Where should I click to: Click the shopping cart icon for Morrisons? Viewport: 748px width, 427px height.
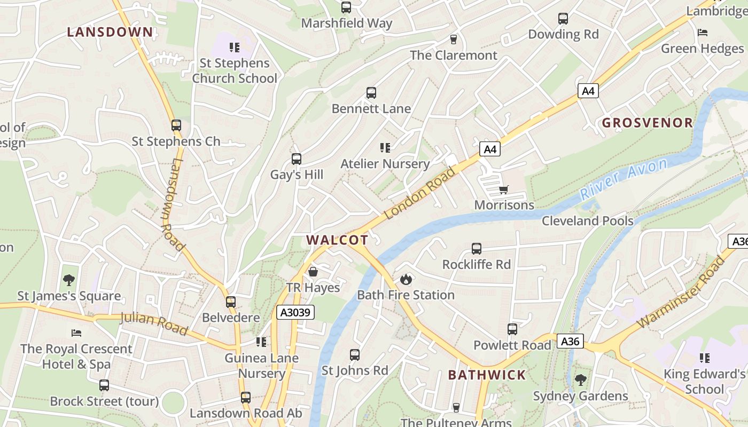503,189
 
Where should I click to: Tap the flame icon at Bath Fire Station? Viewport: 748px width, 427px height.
406,279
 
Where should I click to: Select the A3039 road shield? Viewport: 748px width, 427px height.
295,312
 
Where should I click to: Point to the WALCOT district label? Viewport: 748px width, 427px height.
338,240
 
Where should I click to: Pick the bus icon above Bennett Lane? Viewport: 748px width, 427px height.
371,93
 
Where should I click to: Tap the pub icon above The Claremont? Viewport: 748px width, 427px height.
454,39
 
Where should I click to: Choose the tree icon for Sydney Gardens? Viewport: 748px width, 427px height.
581,380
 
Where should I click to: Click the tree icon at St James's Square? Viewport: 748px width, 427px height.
69,280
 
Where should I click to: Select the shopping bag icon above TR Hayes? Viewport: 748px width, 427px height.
313,272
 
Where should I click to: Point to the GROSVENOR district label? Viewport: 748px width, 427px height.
648,123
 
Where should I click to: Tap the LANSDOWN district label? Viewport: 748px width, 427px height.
110,32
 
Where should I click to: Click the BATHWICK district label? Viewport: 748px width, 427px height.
487,375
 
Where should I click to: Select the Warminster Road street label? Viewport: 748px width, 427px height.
681,292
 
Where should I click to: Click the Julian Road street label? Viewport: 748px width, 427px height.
154,324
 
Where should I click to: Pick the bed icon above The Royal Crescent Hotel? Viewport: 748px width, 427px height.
76,333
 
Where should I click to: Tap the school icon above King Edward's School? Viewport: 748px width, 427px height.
705,358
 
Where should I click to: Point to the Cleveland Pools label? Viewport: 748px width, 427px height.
588,221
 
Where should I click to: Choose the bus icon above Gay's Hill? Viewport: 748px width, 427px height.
297,159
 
